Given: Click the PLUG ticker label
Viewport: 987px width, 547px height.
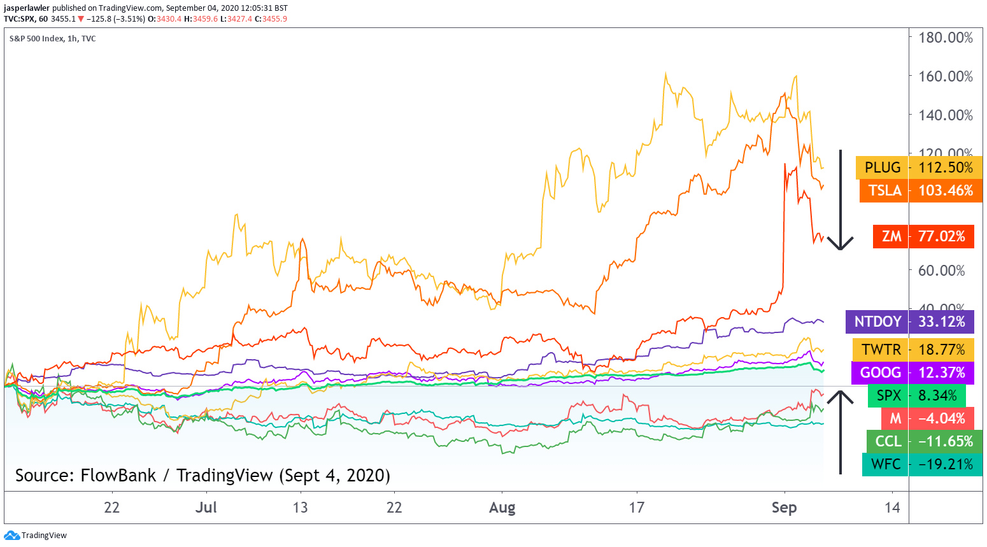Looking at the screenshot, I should [x=882, y=167].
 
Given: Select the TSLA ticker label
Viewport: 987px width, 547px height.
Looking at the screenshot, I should [x=884, y=190].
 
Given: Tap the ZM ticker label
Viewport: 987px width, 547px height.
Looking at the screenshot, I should [x=891, y=236].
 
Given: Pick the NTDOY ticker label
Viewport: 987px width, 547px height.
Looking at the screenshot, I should [x=877, y=322].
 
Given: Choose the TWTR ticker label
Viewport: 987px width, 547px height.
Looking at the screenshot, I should [x=881, y=350].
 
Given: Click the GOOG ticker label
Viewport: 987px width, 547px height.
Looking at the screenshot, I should [x=880, y=373].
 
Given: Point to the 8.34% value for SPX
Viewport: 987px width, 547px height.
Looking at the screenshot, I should [x=937, y=395].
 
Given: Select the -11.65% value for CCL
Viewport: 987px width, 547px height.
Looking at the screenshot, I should [x=946, y=441].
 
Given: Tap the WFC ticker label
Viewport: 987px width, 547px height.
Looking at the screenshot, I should [x=885, y=464].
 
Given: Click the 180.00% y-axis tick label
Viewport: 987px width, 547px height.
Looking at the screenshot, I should [x=946, y=38].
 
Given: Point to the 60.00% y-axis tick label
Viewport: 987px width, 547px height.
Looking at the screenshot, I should [x=941, y=271].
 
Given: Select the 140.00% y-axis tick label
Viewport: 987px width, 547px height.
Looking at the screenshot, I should [x=946, y=115].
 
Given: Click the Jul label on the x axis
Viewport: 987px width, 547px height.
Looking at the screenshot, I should [x=206, y=508].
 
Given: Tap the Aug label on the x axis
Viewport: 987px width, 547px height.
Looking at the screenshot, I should [x=502, y=508].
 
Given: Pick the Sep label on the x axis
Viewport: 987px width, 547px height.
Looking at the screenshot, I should [x=784, y=508].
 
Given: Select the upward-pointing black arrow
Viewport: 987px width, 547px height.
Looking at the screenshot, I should [x=841, y=433].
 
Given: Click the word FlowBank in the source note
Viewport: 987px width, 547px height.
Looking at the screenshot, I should [x=118, y=476].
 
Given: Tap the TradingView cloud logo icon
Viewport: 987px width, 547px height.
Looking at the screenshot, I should [x=11, y=536].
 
